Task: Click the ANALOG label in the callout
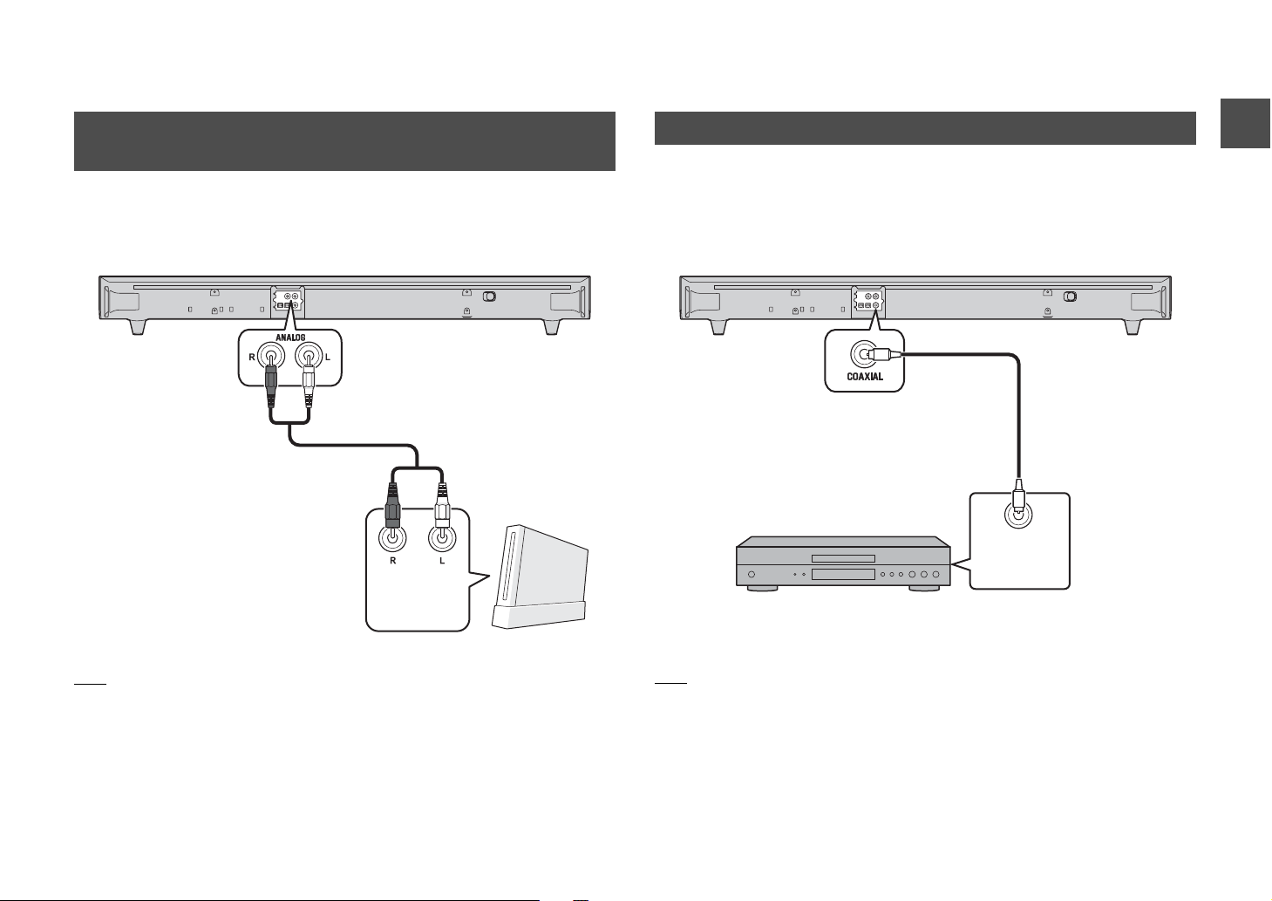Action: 290,338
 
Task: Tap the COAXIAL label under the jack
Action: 865,377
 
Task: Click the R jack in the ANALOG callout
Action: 271,357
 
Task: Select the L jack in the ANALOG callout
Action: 309,357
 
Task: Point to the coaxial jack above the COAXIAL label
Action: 864,354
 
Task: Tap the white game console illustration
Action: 540,576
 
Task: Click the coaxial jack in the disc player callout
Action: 1019,515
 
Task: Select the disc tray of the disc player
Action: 843,558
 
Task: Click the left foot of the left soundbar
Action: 138,327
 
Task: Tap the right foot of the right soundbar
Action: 1133,327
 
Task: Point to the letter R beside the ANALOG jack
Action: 252,358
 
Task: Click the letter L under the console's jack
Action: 442,561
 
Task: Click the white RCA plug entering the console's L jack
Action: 442,508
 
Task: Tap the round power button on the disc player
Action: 752,574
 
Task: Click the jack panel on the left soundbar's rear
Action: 288,301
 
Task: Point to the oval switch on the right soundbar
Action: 1070,297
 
